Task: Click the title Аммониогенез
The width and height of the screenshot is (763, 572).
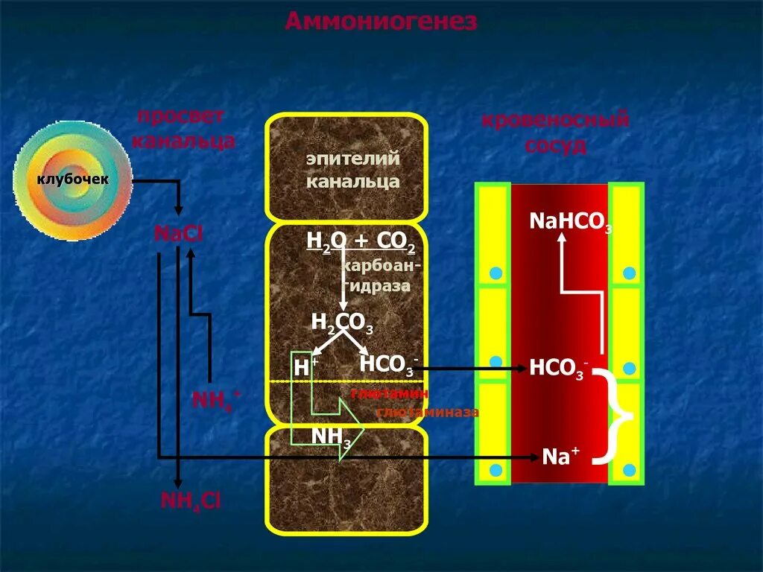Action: [x=381, y=22]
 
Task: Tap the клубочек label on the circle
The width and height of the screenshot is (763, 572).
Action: [x=73, y=179]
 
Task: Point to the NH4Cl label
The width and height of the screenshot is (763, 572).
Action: [x=191, y=500]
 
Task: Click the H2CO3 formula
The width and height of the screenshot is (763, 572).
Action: [x=342, y=323]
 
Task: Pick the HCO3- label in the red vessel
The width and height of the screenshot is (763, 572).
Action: [x=559, y=368]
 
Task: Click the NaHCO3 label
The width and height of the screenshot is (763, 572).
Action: [x=570, y=221]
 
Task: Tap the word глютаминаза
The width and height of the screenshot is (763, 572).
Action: [x=427, y=412]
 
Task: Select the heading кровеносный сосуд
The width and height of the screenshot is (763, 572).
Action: [x=555, y=132]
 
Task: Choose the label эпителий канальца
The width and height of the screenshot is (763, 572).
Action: [x=352, y=170]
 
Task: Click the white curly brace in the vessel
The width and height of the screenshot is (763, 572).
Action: [x=618, y=415]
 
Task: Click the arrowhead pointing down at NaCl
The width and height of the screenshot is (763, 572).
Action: [x=178, y=212]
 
